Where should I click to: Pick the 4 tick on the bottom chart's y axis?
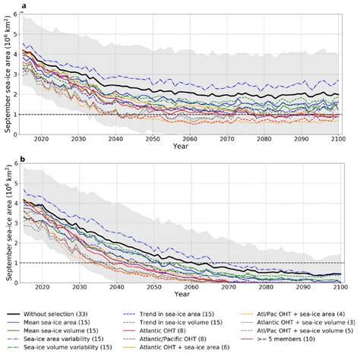pyautogui.click(x=17, y=204)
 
